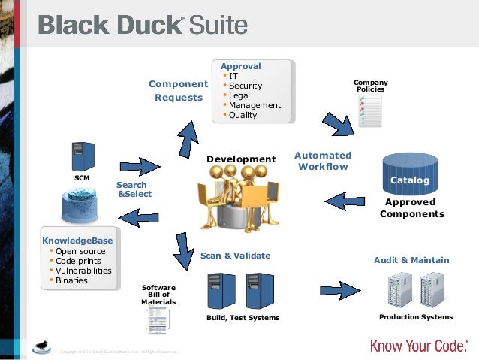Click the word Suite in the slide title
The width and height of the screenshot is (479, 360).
pos(218,26)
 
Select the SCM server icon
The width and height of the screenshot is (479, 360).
pos(82,156)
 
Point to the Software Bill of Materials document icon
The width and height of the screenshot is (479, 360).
pos(158,319)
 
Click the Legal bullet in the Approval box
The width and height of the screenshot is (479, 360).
pos(240,95)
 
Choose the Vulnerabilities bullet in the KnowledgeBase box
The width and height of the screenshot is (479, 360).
pos(83,271)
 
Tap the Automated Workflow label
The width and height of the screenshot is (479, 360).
pos(323,161)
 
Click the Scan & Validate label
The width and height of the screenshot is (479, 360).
pos(235,256)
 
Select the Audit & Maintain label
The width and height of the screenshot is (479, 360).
pos(411,260)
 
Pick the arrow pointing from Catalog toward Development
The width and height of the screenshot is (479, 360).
pos(345,201)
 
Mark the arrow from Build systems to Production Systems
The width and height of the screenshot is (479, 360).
pos(342,289)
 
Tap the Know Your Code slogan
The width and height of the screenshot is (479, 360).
pos(420,345)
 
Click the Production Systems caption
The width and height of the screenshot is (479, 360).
pos(416,317)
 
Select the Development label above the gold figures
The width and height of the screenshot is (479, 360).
pos(241,159)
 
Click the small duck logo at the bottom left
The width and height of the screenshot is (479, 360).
pos(44,346)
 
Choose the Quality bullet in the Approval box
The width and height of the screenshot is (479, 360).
pos(243,115)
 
